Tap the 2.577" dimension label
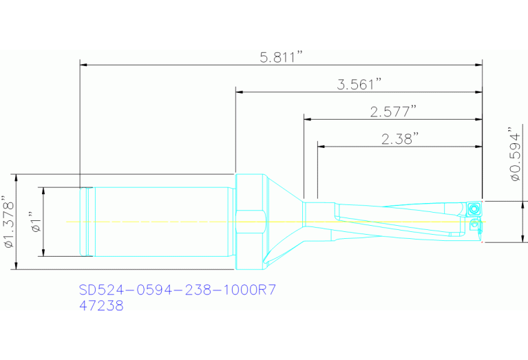(393, 111)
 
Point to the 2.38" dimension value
(400, 138)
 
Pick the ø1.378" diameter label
(8, 222)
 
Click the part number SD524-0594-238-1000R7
(178, 290)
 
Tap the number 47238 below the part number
(102, 306)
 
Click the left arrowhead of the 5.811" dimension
(85, 65)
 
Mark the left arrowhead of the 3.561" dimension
(240, 92)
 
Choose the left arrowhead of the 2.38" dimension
(321, 146)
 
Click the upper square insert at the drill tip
(474, 207)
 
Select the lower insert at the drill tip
(474, 224)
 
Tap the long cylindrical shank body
(162, 222)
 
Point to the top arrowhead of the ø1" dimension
(43, 191)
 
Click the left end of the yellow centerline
(67, 222)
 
